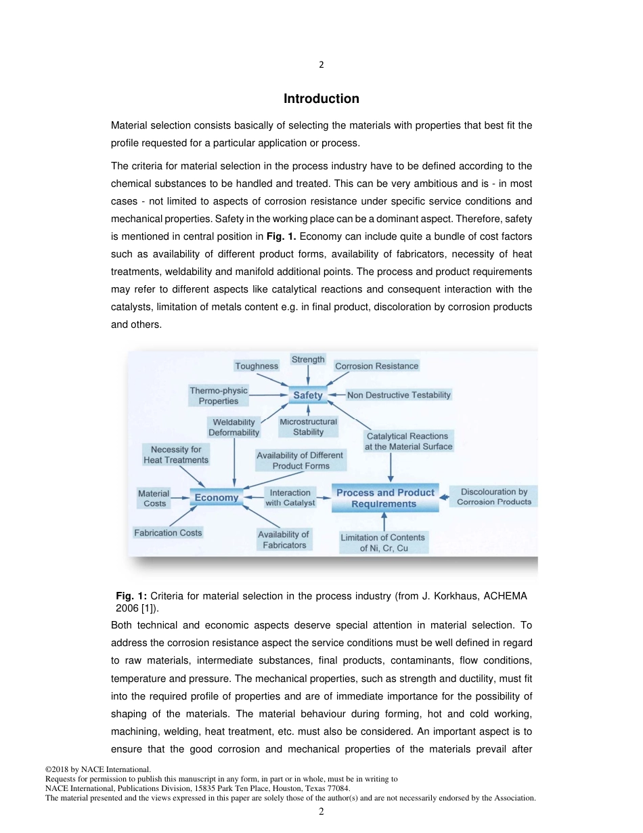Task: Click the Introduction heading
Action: click(x=321, y=99)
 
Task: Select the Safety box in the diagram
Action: click(x=308, y=395)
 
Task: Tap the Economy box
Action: click(x=217, y=498)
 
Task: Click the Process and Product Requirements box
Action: click(x=384, y=498)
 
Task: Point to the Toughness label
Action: click(x=257, y=366)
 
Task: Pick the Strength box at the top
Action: click(x=308, y=360)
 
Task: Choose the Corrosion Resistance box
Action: click(x=376, y=366)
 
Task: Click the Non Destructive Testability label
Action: click(x=399, y=395)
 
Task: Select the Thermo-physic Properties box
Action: click(x=219, y=396)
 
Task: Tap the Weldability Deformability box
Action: click(x=234, y=427)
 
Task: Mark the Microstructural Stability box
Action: click(x=308, y=427)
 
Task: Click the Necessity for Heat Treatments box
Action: click(x=176, y=454)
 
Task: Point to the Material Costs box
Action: click(x=154, y=498)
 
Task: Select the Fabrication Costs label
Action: click(x=168, y=533)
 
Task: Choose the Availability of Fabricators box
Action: click(x=284, y=540)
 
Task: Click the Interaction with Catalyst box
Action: click(x=290, y=498)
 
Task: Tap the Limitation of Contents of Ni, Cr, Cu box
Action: click(x=383, y=542)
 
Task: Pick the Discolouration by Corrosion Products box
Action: click(x=494, y=497)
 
